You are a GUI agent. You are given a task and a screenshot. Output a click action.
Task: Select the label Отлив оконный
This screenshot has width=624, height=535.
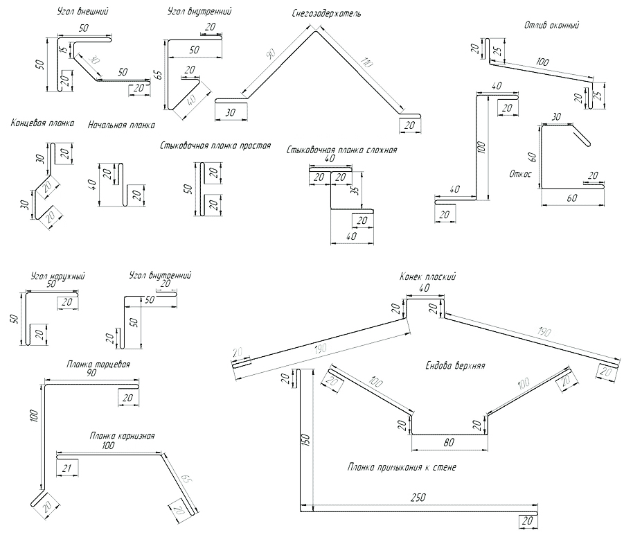pyautogui.click(x=552, y=26)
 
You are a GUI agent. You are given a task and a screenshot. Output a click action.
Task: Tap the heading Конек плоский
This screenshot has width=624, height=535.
pyautogui.click(x=427, y=277)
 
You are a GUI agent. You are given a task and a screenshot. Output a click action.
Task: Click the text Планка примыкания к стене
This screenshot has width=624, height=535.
pyautogui.click(x=401, y=467)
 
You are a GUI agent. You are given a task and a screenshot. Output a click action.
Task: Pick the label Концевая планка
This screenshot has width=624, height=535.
pyautogui.click(x=42, y=124)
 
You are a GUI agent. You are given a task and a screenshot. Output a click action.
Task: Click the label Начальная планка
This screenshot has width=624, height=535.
pyautogui.click(x=121, y=125)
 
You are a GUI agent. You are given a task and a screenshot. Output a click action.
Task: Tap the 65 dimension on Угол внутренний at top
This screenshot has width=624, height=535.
pyautogui.click(x=158, y=74)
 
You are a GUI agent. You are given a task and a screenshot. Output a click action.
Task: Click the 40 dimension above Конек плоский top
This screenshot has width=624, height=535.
pyautogui.click(x=425, y=288)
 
